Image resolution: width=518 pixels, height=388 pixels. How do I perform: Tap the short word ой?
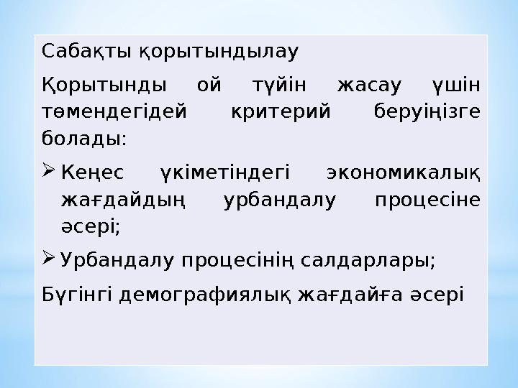pyautogui.click(x=209, y=86)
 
